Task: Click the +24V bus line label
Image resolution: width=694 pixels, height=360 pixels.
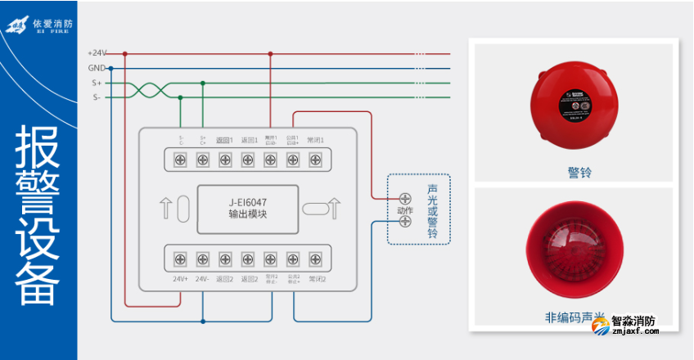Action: (x=97, y=53)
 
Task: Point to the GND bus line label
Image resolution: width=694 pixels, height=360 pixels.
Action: (x=97, y=68)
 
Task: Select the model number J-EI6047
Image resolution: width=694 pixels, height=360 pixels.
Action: (x=249, y=202)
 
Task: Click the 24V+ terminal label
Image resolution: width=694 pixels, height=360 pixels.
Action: (x=180, y=279)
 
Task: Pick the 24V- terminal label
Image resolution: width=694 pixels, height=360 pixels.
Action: (x=202, y=279)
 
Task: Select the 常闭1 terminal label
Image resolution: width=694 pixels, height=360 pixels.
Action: (x=316, y=140)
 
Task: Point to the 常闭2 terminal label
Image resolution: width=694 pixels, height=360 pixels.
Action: (x=316, y=279)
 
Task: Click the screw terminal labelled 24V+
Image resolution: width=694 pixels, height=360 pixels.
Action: (x=180, y=260)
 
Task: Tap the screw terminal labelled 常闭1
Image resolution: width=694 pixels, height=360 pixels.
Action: (x=316, y=159)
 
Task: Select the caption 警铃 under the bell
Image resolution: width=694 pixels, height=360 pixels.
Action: (x=579, y=172)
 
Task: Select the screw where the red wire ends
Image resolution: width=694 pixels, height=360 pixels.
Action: (x=404, y=198)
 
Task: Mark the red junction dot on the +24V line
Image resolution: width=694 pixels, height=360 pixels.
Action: (x=270, y=53)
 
